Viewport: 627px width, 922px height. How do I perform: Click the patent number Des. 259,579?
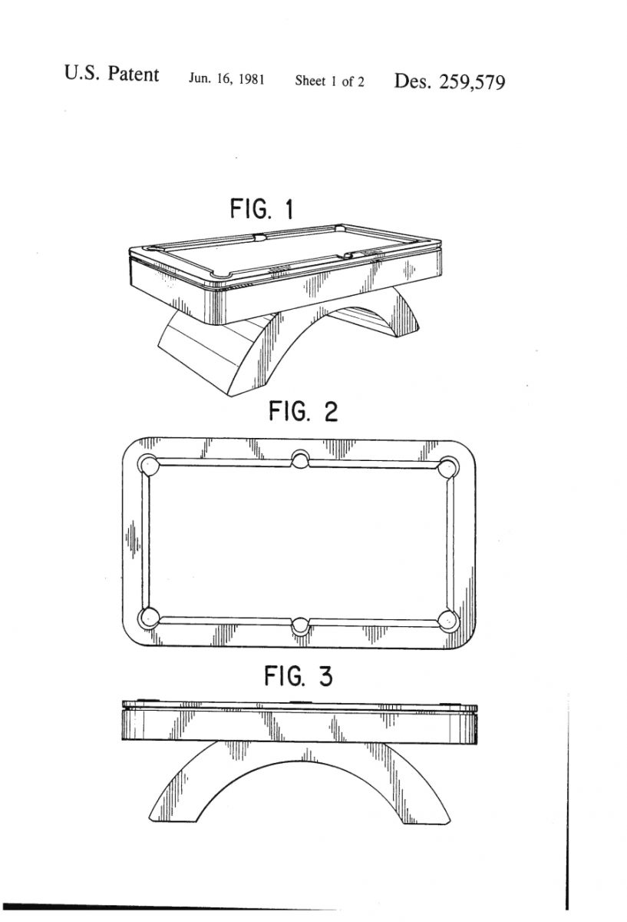pyautogui.click(x=450, y=81)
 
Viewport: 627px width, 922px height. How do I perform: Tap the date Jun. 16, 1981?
pyautogui.click(x=226, y=78)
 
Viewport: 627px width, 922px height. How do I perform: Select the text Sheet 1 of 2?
pyautogui.click(x=329, y=81)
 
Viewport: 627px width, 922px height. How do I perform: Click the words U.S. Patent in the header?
pyautogui.click(x=111, y=74)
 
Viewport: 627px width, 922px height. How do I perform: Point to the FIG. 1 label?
pyautogui.click(x=262, y=209)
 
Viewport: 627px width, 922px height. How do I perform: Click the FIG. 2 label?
pyautogui.click(x=303, y=412)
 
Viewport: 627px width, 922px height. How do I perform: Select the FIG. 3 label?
pyautogui.click(x=298, y=676)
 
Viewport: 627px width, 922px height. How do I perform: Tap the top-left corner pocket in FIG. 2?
pyautogui.click(x=149, y=465)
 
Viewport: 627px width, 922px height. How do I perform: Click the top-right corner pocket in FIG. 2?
pyautogui.click(x=447, y=468)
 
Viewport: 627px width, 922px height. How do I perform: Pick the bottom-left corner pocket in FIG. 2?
pyautogui.click(x=149, y=618)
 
